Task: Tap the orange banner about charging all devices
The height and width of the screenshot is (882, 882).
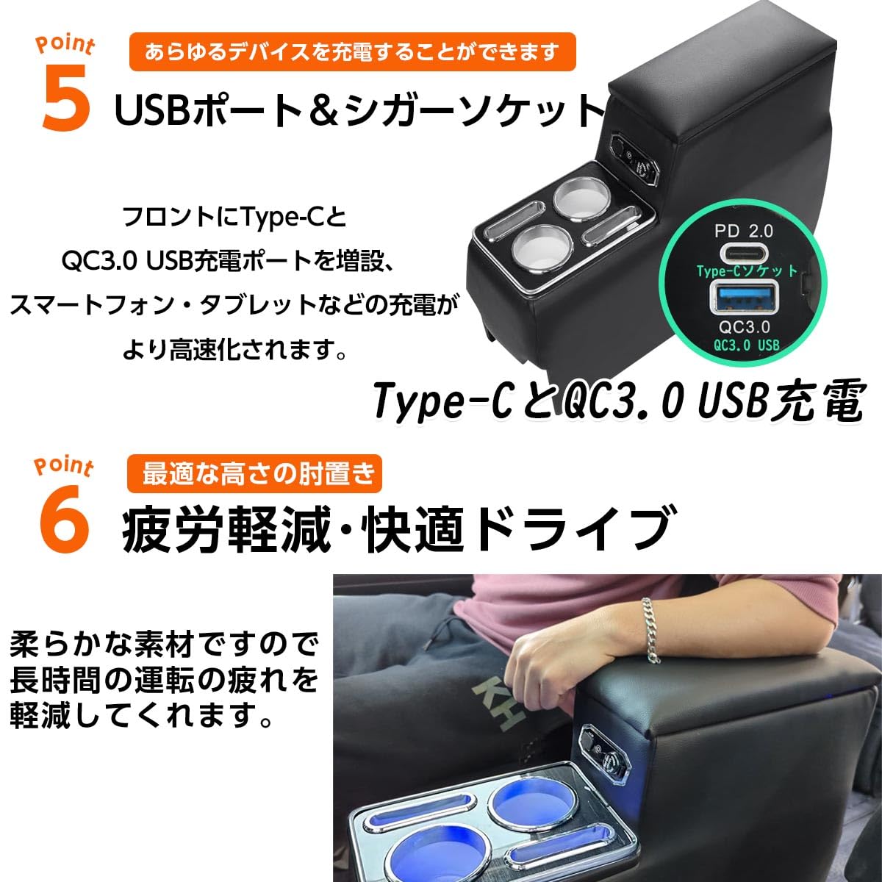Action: (x=352, y=52)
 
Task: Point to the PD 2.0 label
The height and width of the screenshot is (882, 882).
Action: (x=743, y=231)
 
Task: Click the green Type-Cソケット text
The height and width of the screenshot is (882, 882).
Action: (x=747, y=271)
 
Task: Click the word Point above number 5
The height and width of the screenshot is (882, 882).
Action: (x=65, y=46)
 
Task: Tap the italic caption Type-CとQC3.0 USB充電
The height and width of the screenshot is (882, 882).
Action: (x=617, y=402)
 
